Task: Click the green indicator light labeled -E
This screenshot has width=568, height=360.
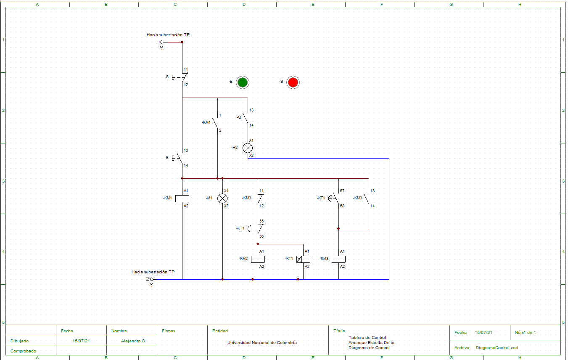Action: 242,82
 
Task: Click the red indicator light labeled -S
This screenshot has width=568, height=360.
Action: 293,82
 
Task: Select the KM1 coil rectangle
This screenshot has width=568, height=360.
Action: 182,199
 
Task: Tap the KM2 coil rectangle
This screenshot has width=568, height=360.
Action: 258,259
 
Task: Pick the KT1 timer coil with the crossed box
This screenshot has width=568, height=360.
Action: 303,259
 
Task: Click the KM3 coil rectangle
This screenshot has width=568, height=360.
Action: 338,259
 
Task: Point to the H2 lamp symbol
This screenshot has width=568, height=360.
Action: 248,148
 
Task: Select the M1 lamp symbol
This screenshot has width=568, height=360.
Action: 222,199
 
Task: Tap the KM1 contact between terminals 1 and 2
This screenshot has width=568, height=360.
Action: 216,123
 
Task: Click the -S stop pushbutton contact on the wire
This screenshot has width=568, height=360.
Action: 183,77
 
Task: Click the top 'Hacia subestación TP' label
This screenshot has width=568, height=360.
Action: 168,35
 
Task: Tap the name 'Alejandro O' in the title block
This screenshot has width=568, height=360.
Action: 133,341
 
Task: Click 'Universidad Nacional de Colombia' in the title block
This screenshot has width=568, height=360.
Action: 262,343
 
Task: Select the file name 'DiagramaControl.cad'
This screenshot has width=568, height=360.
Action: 497,348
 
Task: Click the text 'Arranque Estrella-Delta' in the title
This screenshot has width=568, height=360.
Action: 371,343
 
